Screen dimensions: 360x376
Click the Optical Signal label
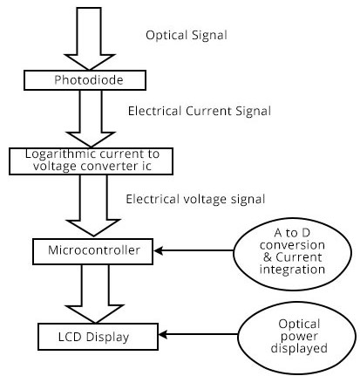pyautogui.click(x=187, y=36)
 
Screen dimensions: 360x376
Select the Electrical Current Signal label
pyautogui.click(x=200, y=111)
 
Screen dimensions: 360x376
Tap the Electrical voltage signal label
pyautogui.click(x=195, y=200)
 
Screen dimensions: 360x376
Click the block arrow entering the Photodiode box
pyautogui.click(x=89, y=38)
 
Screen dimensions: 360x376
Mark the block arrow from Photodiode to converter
pyautogui.click(x=91, y=119)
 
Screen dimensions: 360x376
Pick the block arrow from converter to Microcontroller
pyautogui.click(x=93, y=205)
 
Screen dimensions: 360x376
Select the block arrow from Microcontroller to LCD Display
pyautogui.click(x=95, y=294)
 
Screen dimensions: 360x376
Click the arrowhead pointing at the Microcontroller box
pyautogui.click(x=158, y=250)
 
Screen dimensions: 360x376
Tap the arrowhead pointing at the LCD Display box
pyautogui.click(x=163, y=334)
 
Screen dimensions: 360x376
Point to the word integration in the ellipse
pyautogui.click(x=292, y=270)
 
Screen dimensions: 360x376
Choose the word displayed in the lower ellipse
pyautogui.click(x=299, y=348)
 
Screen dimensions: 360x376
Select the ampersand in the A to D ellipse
pyautogui.click(x=268, y=257)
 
